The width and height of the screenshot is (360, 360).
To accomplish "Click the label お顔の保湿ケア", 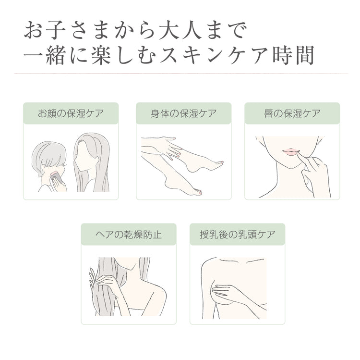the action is (x=71, y=113).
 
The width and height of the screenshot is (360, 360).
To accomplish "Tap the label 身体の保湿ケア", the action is (x=184, y=113).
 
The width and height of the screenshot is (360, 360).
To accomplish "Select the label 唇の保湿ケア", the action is (x=292, y=113).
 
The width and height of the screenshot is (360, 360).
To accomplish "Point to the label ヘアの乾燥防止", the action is (x=129, y=235).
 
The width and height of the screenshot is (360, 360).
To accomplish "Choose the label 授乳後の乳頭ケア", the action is (x=238, y=235).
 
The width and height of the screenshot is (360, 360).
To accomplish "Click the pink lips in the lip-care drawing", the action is (x=289, y=151).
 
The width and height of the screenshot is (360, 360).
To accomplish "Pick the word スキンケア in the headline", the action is (x=214, y=56).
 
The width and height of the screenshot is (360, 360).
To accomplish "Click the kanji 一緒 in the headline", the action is (x=44, y=56).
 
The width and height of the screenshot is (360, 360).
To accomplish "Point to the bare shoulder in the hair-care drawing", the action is (x=156, y=291).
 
